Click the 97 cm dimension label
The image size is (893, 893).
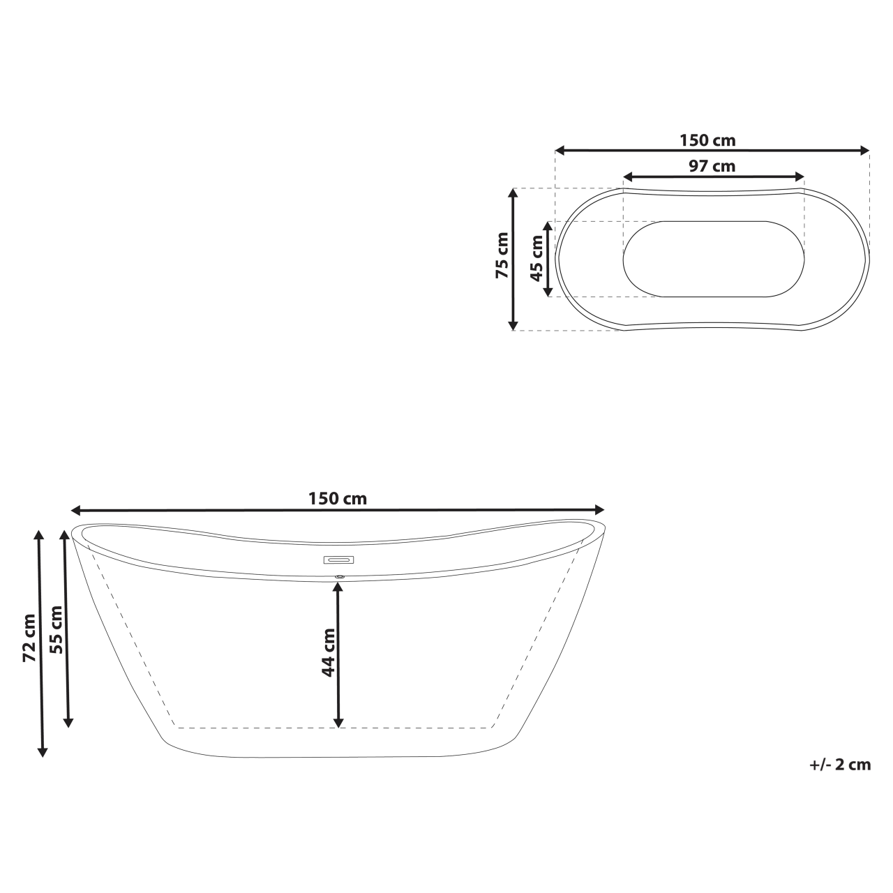[x=712, y=166]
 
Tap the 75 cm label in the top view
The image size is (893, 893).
[x=502, y=255]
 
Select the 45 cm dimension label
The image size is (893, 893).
[x=537, y=257]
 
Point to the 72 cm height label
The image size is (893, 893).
[x=29, y=638]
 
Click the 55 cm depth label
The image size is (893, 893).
[x=57, y=629]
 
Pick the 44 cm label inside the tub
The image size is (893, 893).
[x=328, y=652]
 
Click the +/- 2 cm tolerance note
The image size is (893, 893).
[x=840, y=764]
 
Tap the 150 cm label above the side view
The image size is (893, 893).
[x=338, y=498]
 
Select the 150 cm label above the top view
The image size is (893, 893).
[x=707, y=140]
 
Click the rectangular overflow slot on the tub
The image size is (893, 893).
[x=338, y=560]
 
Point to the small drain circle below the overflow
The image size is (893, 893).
[x=340, y=576]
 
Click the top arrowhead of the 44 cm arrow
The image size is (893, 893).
[x=338, y=586]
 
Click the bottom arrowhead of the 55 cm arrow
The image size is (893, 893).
[x=68, y=721]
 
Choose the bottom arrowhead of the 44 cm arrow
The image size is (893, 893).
[x=338, y=722]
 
